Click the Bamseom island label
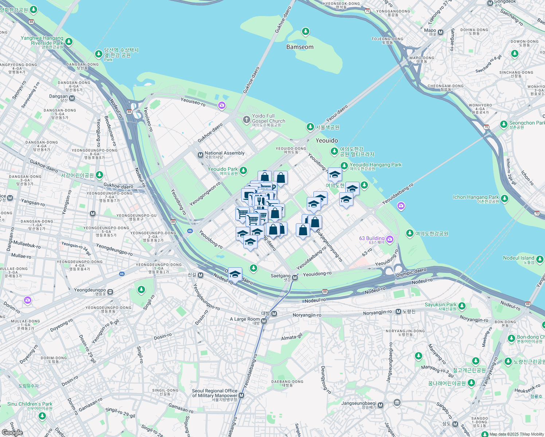pos(300,47)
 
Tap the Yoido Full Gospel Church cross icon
pos(247,119)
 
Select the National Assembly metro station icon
pos(200,155)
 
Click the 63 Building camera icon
pos(390,239)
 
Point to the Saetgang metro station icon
pos(295,278)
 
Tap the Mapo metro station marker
pos(441,32)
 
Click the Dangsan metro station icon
pos(72,98)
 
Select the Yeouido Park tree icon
pos(243,170)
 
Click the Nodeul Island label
pos(518,258)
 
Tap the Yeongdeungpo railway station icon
pos(110,292)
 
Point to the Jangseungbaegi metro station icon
pos(381,405)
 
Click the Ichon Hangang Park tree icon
pos(505,198)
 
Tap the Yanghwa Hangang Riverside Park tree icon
pos(69,42)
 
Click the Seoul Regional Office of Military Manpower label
pos(215,393)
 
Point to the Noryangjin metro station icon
pos(399,311)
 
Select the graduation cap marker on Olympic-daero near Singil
pos(235,274)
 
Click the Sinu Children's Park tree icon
pos(43,416)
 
